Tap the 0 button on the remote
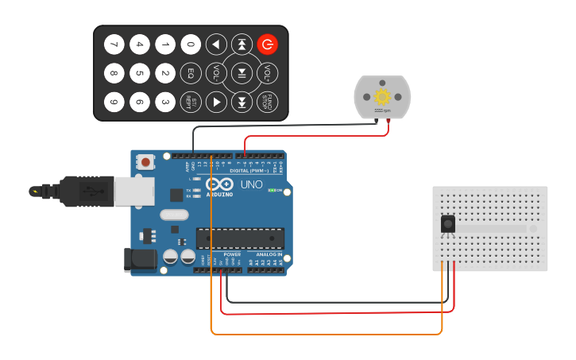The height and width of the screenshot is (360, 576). point(191,45)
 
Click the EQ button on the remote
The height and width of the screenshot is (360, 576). point(191,74)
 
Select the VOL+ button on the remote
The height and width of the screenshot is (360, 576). point(267,74)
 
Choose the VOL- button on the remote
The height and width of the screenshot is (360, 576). point(216,74)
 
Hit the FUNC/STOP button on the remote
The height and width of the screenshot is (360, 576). point(267,103)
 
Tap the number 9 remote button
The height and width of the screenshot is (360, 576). point(114,103)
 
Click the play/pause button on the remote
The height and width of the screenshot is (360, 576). point(242,74)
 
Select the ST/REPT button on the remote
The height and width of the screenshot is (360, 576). point(191,103)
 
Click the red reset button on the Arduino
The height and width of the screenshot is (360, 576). point(145,161)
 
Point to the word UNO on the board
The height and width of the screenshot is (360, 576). point(251,184)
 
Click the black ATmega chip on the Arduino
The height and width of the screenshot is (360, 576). point(240,238)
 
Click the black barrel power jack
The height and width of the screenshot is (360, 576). point(138,261)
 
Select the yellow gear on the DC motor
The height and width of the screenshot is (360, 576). point(383,97)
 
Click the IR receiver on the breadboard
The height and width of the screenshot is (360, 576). point(448,224)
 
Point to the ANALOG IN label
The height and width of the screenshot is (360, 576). point(269,254)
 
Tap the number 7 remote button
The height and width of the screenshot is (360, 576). point(114,45)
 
